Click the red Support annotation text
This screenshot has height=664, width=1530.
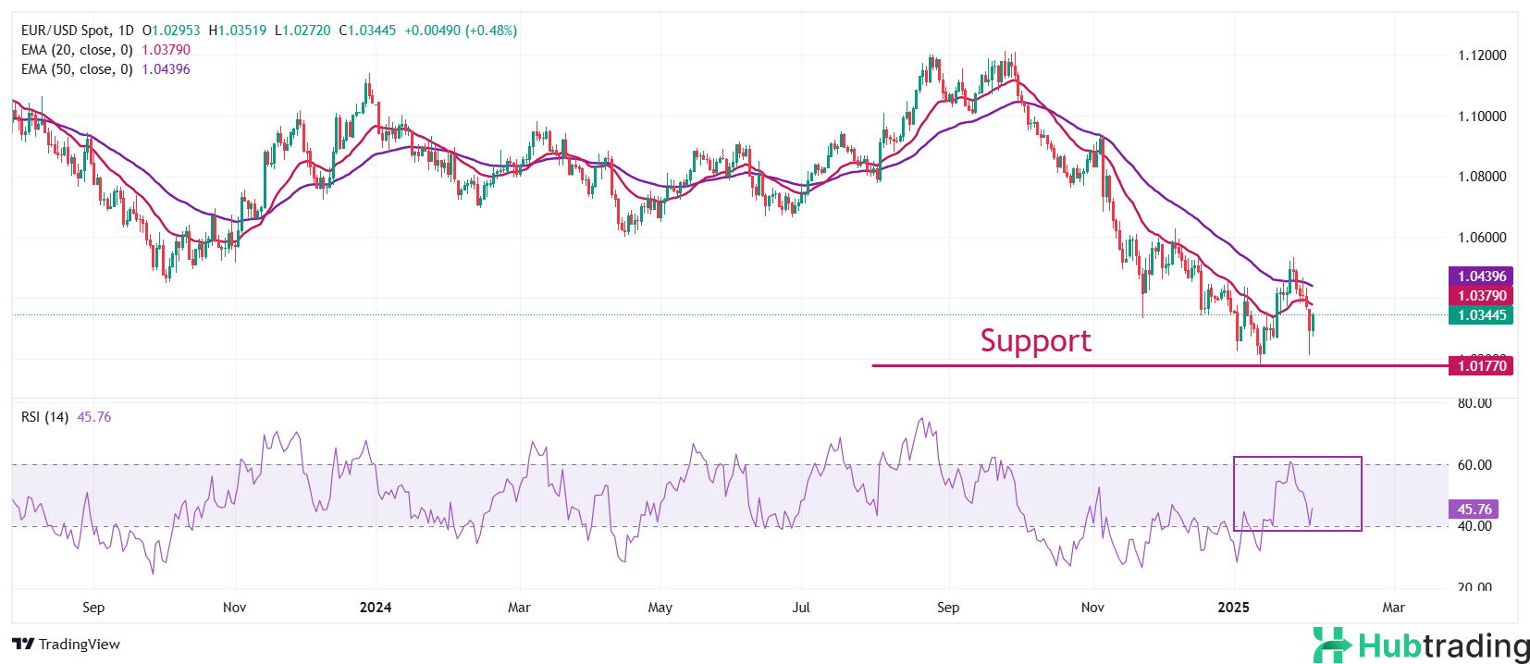[x=1035, y=341]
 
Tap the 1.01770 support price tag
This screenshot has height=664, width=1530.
[x=1482, y=366]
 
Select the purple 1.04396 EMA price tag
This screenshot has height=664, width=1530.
[x=1482, y=277]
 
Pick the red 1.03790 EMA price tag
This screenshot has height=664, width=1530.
[x=1482, y=296]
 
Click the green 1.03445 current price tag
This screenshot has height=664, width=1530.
[x=1482, y=315]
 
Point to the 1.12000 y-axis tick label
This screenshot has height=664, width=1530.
[x=1482, y=55]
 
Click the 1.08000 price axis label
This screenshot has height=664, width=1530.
[x=1482, y=177]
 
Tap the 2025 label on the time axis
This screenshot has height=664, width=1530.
[x=1233, y=608]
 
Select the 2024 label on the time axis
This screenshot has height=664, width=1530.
[x=375, y=608]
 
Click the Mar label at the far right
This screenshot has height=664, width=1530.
[x=1393, y=608]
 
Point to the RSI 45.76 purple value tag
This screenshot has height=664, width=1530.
[x=1474, y=510]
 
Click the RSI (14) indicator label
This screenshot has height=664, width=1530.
[x=44, y=417]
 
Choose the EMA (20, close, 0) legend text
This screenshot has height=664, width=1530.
[x=77, y=50]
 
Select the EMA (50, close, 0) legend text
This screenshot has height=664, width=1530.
[x=77, y=69]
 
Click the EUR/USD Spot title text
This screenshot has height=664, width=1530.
[x=66, y=31]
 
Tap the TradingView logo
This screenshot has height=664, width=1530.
[x=67, y=645]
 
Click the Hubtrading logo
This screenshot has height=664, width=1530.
[x=1422, y=645]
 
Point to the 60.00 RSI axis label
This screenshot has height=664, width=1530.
[x=1474, y=465]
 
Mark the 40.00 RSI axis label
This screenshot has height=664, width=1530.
[x=1474, y=526]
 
